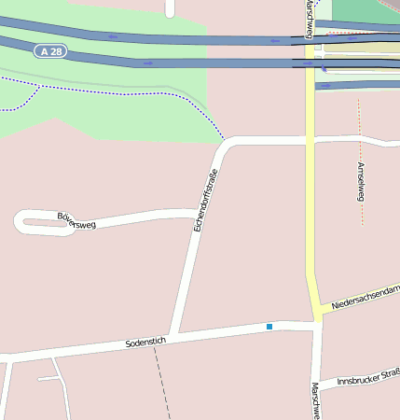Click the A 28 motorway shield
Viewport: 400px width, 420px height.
point(54,49)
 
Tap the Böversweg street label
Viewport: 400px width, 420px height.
point(76,221)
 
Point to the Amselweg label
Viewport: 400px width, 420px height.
point(360,181)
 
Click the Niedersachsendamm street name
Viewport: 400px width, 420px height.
point(366,297)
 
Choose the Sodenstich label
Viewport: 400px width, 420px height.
point(145,343)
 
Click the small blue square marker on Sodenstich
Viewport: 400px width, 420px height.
point(269,327)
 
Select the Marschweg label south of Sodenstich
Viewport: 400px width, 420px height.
point(316,400)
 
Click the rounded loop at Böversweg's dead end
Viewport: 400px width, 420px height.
point(25,222)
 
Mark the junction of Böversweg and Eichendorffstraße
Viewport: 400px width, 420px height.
point(194,215)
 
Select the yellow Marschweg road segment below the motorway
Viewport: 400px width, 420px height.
point(310,205)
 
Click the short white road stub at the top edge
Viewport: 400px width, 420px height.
point(170,7)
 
